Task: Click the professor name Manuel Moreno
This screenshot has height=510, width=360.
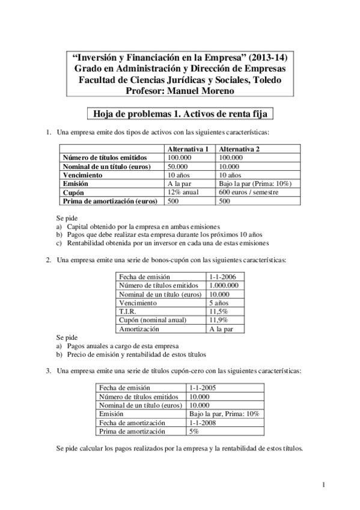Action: click(205, 91)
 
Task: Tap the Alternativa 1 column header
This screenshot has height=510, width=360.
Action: click(188, 149)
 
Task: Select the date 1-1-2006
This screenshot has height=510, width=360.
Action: click(222, 276)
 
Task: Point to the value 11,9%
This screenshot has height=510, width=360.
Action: click(218, 321)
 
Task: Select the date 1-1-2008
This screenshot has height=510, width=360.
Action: click(203, 423)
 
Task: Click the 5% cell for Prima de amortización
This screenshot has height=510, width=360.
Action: click(194, 431)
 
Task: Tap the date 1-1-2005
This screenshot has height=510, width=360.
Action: click(203, 388)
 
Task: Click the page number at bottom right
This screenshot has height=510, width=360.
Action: click(323, 485)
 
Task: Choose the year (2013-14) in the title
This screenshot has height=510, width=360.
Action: click(263, 58)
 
